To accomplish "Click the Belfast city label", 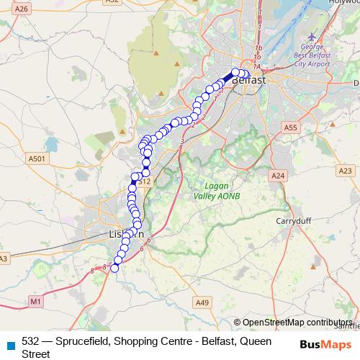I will (x=249, y=80).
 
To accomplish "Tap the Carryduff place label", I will (x=293, y=222).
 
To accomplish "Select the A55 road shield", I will (x=290, y=127).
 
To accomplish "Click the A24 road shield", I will (x=277, y=175).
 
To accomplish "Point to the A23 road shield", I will (x=346, y=171).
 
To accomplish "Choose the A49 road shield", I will (x=202, y=303).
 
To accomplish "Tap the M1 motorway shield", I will (x=37, y=300).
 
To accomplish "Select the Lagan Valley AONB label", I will (x=216, y=190).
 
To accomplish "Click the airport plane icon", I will (x=311, y=36).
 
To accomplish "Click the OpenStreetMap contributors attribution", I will (x=297, y=323).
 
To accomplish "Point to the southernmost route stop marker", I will (x=114, y=268).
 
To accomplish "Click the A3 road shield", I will (x=4, y=258).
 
